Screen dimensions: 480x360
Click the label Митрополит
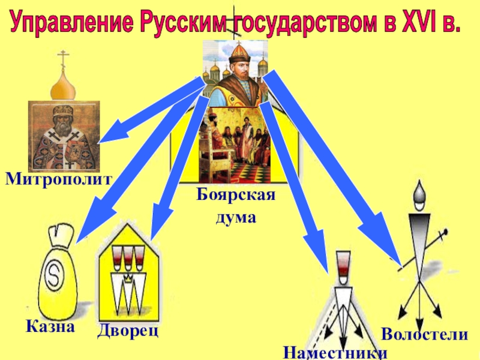click(x=58, y=179)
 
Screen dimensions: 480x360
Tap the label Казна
click(x=50, y=326)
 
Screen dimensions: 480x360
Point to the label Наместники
click(x=335, y=352)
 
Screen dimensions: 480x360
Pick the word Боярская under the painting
click(x=236, y=196)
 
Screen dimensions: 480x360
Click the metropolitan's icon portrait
click(x=64, y=136)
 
